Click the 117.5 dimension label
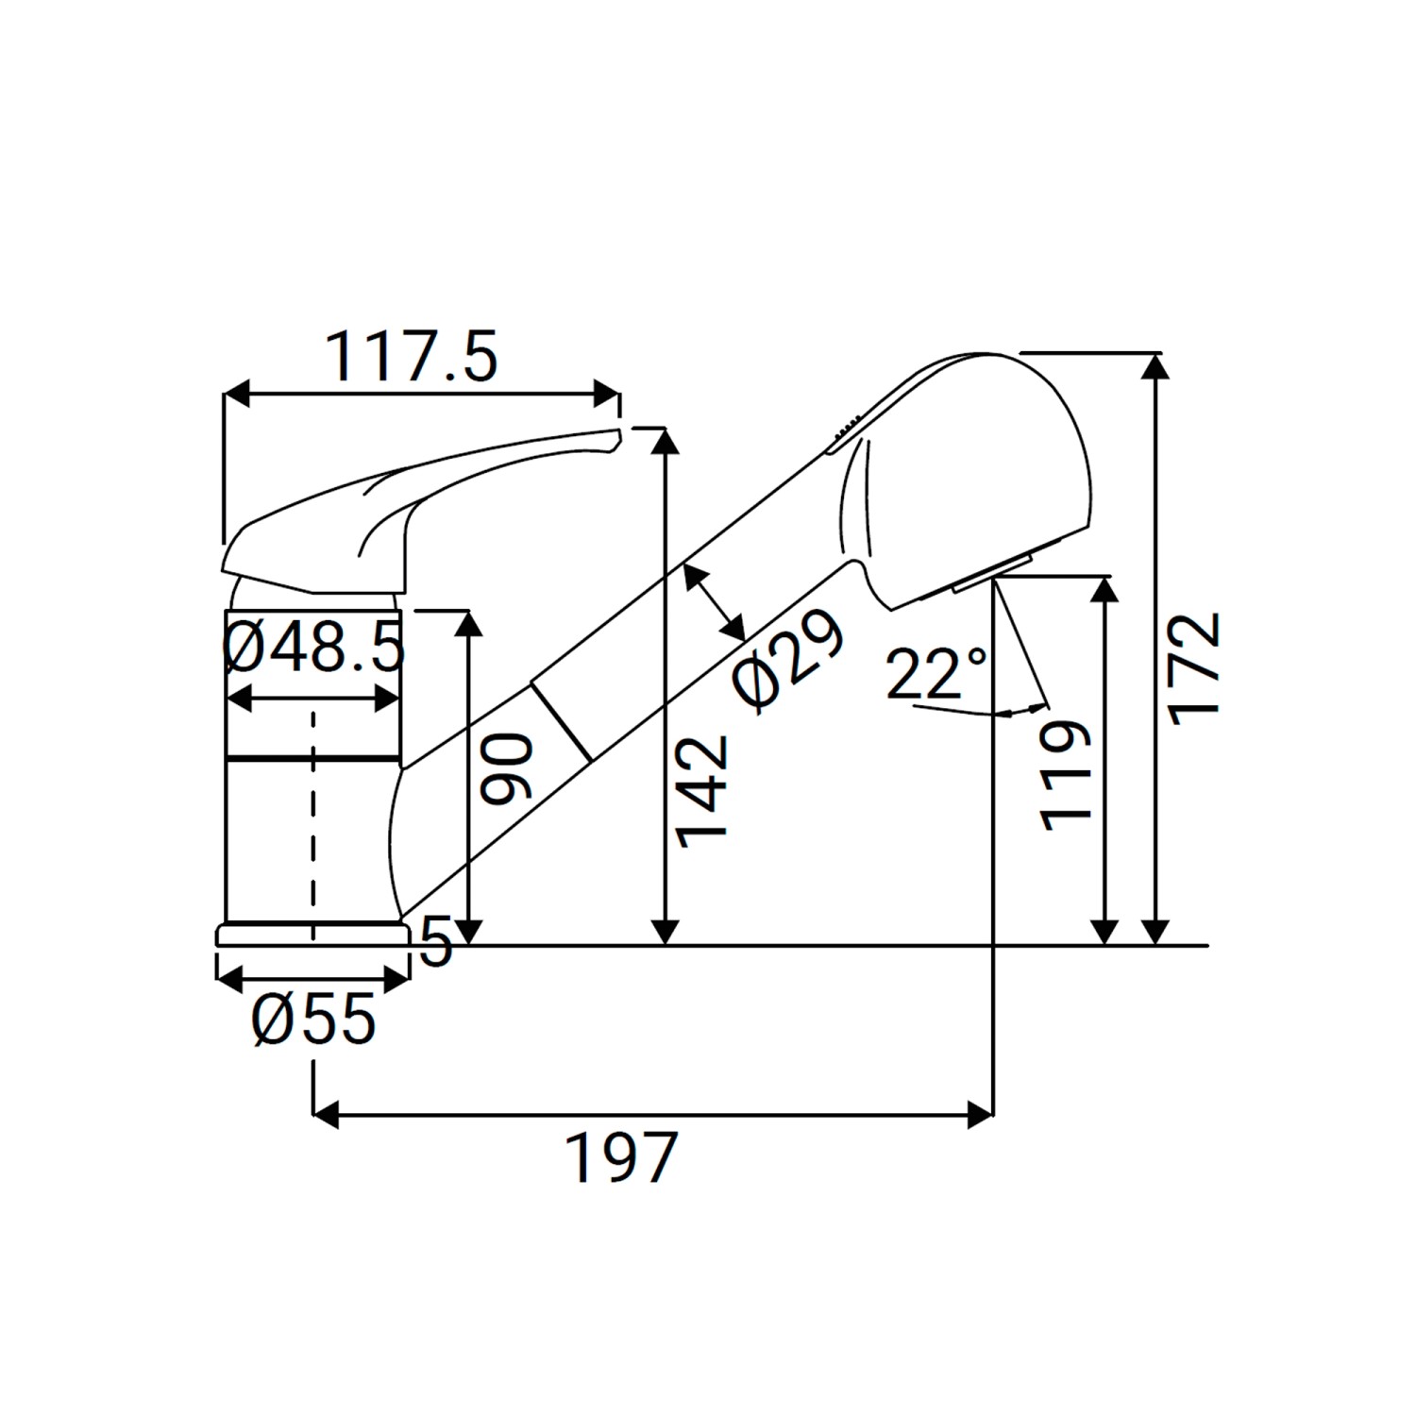[x=411, y=358]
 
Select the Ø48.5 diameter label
[x=314, y=648]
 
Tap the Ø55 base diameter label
[x=314, y=1020]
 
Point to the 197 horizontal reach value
[x=622, y=1157]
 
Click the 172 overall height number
[x=1196, y=669]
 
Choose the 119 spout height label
[x=1066, y=776]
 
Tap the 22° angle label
[x=936, y=673]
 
